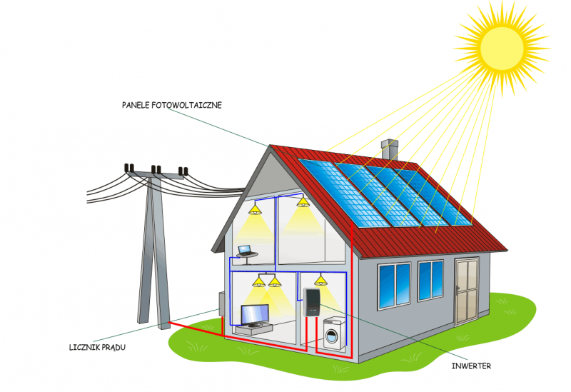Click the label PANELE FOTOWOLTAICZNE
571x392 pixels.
172,105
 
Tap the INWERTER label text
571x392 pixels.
471,366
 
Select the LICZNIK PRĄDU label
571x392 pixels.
97,347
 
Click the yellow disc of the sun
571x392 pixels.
502,49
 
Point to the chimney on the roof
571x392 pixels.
389,149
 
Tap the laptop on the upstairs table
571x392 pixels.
245,251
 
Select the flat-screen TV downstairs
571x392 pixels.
255,316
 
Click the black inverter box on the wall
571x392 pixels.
312,302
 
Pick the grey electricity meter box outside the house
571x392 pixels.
221,304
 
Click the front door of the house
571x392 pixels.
467,291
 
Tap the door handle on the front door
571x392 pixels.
458,290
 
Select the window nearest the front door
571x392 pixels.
430,281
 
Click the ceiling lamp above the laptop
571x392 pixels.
255,209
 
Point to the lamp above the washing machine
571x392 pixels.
320,280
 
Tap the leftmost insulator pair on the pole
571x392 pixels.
129,168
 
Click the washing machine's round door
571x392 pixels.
331,336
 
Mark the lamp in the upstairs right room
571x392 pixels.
303,202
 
